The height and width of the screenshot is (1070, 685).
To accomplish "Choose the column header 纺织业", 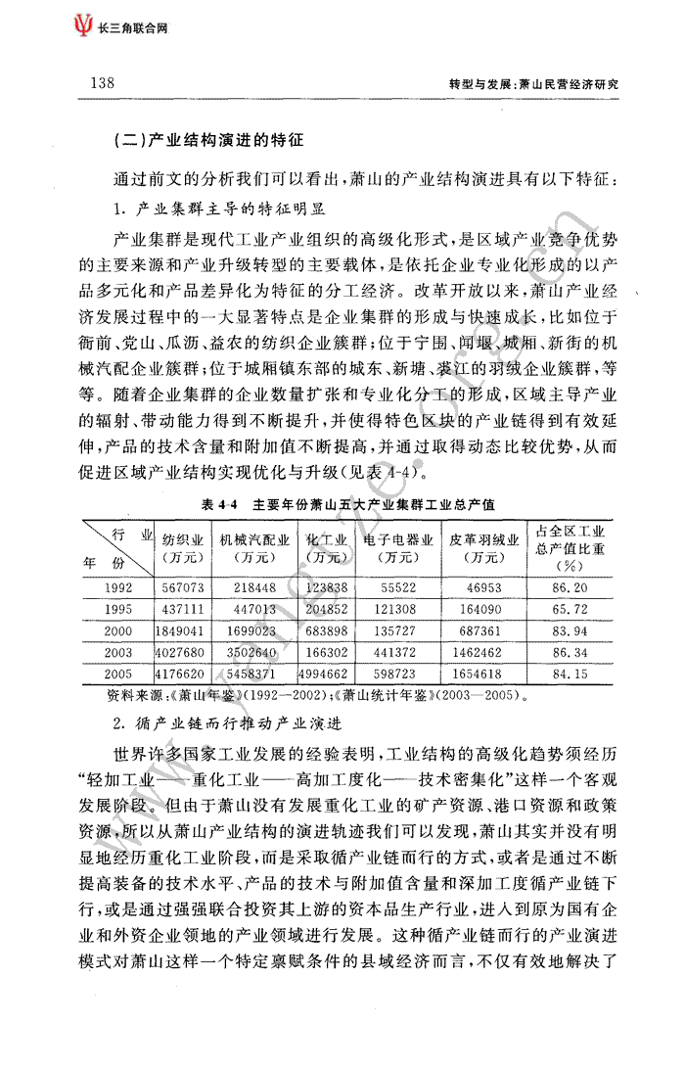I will point(183,538).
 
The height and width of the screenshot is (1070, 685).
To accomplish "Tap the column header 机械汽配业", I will point(254,538).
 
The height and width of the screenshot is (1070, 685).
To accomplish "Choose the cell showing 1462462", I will point(477,653).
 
